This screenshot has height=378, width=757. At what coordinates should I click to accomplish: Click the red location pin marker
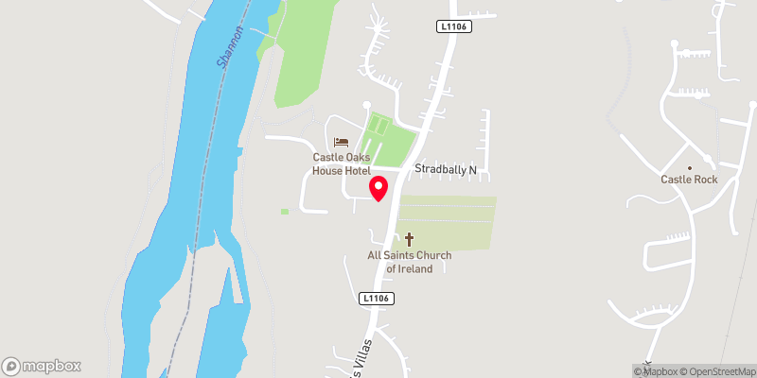pyautogui.click(x=378, y=188)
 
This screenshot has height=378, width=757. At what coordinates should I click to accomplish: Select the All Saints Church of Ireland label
pyautogui.click(x=410, y=262)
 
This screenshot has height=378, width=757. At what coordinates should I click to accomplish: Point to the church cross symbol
pyautogui.click(x=410, y=239)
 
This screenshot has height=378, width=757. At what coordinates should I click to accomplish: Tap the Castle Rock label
pyautogui.click(x=689, y=180)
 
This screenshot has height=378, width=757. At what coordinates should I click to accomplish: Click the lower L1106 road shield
pyautogui.click(x=377, y=298)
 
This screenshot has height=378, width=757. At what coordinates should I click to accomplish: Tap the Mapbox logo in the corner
pyautogui.click(x=42, y=366)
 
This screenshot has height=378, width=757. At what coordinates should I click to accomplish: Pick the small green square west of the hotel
pyautogui.click(x=284, y=212)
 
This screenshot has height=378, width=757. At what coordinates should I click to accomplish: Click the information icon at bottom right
pyautogui.click(x=637, y=370)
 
